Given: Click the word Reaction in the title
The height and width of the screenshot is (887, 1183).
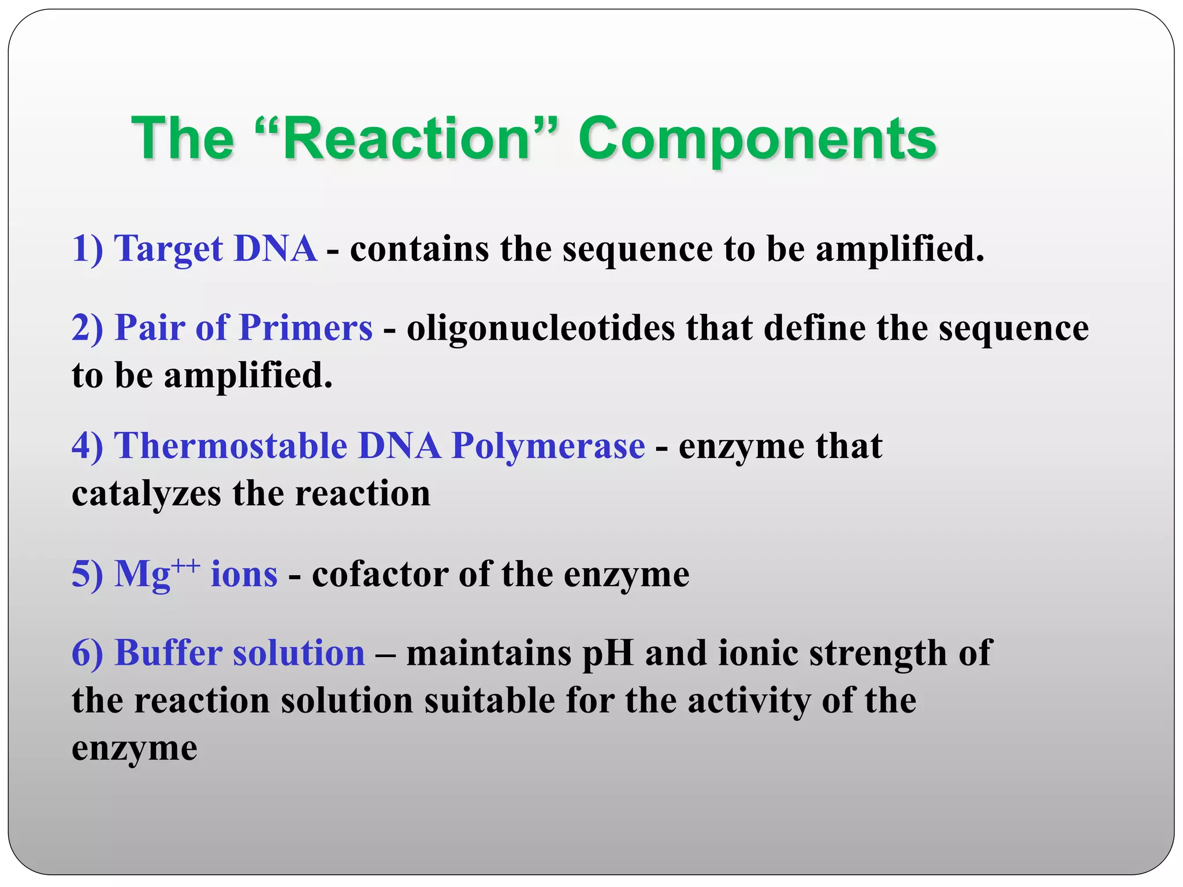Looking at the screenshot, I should (x=407, y=139).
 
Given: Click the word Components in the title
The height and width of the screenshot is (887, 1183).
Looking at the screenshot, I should (x=757, y=140).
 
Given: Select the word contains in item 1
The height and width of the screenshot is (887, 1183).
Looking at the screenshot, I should (x=419, y=249).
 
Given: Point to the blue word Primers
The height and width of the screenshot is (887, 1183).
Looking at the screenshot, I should (x=306, y=327).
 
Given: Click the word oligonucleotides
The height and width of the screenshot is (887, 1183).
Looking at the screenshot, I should (x=541, y=328).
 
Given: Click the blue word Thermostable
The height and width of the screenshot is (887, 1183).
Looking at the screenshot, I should (x=231, y=446).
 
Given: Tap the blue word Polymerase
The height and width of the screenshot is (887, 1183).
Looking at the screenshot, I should (x=548, y=446).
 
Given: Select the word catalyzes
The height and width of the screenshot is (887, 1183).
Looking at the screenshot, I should (x=146, y=494).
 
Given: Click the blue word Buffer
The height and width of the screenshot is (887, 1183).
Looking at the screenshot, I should (x=169, y=653).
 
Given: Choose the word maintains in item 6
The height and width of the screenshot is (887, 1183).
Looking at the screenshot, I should (x=489, y=653).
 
